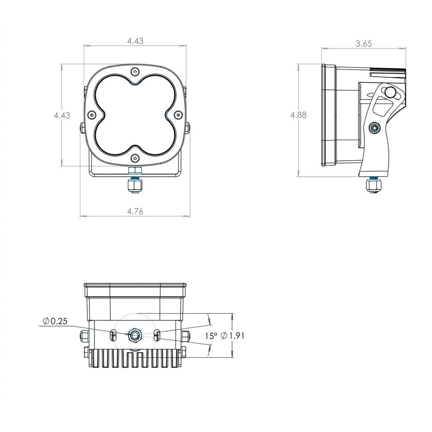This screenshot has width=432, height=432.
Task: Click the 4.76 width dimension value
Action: coord(135,212)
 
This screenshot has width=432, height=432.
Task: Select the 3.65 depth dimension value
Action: coord(364,44)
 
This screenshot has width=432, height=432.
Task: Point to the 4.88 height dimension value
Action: coord(299,115)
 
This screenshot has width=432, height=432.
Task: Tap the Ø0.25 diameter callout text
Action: coord(55,321)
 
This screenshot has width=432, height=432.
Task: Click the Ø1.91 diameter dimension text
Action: coord(232,336)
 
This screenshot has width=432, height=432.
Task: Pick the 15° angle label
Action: coord(211,336)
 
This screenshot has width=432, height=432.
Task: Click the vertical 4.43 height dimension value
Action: coord(62,115)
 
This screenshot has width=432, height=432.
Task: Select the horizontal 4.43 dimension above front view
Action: coord(135,41)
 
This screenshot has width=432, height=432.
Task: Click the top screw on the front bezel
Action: coord(135,72)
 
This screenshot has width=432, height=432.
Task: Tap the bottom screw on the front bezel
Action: coord(135,158)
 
